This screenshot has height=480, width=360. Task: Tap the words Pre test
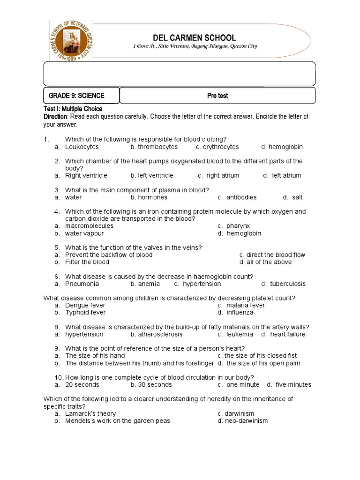(217, 96)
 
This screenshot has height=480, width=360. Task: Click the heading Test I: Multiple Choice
(73, 109)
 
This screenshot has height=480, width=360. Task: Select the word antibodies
(241, 197)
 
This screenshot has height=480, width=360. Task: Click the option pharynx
(239, 226)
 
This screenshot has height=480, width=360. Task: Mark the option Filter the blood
(87, 262)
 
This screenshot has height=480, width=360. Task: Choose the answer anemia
(149, 284)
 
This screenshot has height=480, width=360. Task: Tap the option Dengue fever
(85, 305)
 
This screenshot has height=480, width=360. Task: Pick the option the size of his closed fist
(261, 356)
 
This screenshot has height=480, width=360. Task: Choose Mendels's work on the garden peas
(117, 420)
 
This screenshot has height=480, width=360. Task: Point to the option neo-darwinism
(247, 420)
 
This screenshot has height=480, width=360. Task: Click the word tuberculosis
(288, 284)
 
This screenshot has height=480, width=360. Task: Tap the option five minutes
(293, 384)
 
